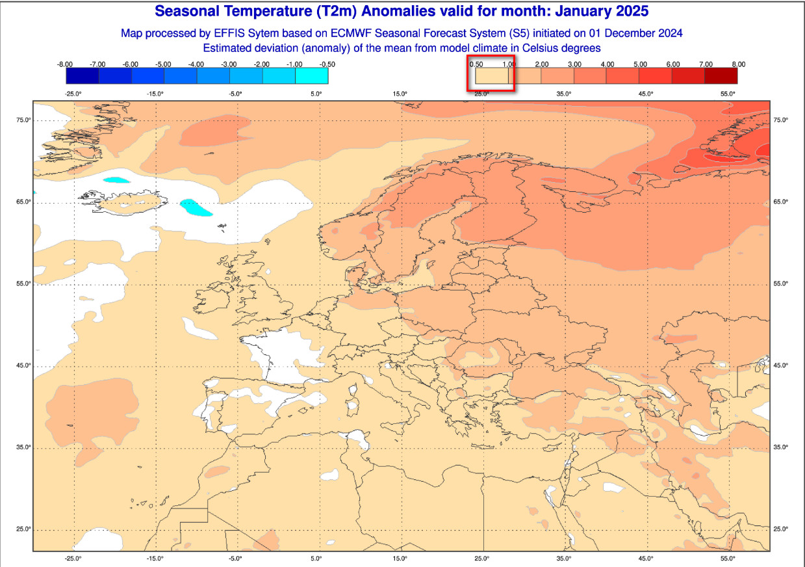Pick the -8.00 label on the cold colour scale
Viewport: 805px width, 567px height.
(x=64, y=64)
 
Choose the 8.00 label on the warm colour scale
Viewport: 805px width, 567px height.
(x=738, y=64)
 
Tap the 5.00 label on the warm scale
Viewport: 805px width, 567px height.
(x=640, y=64)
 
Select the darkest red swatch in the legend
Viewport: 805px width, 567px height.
(x=721, y=76)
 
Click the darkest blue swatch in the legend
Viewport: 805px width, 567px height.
(x=83, y=76)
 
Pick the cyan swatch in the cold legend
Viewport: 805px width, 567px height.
(x=312, y=76)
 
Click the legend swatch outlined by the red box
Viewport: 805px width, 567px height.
(x=491, y=76)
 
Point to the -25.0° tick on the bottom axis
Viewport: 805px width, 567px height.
(x=73, y=558)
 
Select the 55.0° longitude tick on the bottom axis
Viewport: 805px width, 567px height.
(x=728, y=558)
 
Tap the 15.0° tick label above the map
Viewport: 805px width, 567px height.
(x=400, y=94)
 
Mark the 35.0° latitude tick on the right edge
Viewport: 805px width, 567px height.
(x=780, y=447)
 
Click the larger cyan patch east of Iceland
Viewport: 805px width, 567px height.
(x=196, y=207)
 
